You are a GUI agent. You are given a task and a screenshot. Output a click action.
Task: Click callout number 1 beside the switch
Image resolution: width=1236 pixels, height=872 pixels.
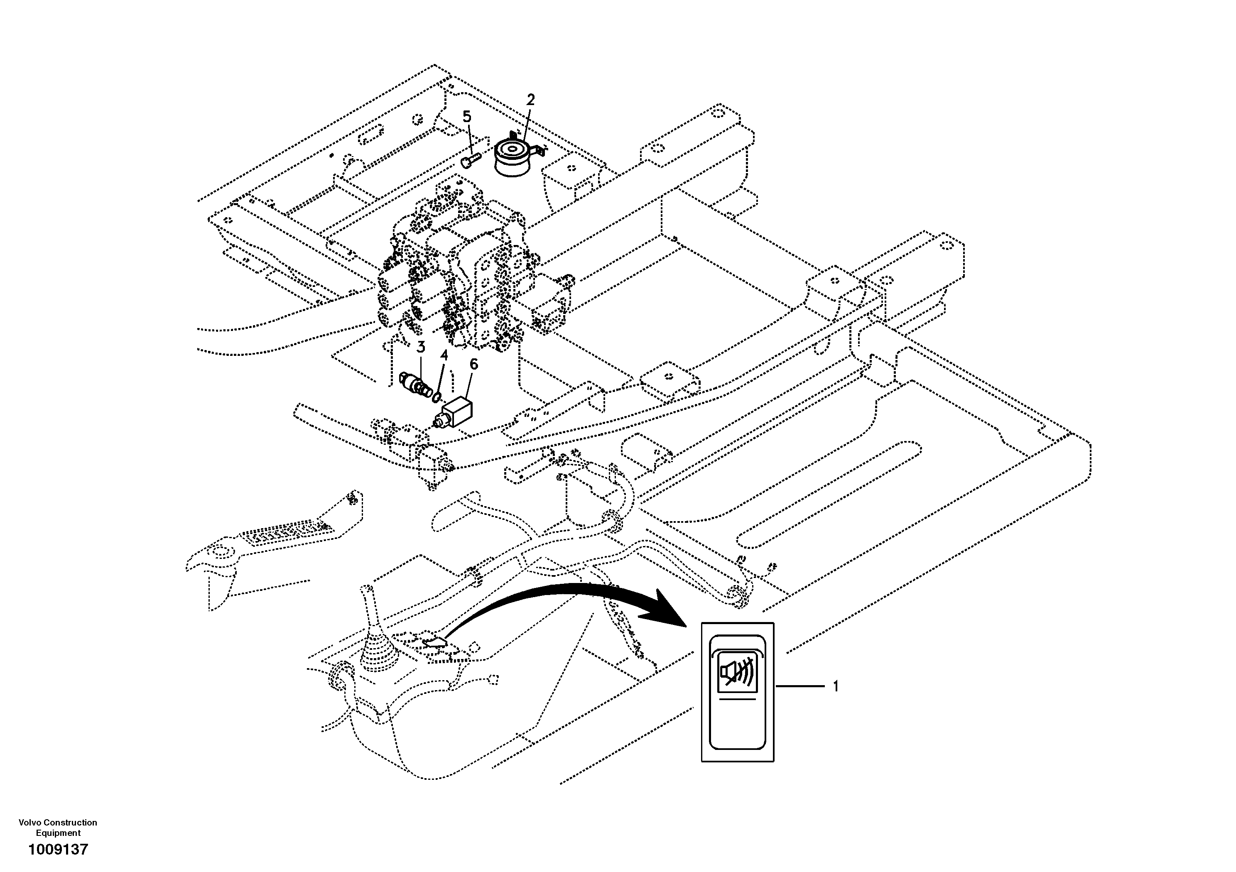pos(836,686)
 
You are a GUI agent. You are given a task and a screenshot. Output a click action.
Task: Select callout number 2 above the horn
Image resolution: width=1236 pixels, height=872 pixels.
pos(531,100)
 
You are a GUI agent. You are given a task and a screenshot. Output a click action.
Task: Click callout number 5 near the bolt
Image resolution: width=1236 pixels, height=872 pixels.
pos(467,117)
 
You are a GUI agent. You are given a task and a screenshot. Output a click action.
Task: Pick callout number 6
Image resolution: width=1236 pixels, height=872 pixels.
pos(474,365)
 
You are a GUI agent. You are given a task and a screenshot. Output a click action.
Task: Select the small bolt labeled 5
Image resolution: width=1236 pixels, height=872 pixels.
pos(470,160)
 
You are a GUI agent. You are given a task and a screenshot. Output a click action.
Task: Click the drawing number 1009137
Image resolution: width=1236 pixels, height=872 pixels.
pos(58,850)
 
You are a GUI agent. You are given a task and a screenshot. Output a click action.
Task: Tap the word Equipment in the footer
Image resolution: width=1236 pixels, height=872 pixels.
pos(58,833)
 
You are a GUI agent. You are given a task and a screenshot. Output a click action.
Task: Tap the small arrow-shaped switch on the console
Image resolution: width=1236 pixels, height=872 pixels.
pos(435,642)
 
